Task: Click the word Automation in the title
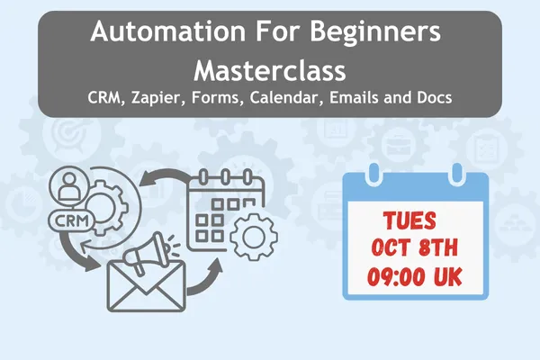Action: (167, 31)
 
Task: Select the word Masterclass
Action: (270, 70)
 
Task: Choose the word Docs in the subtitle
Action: (435, 97)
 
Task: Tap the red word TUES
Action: (409, 220)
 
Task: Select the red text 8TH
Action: (437, 247)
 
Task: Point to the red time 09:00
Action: (396, 276)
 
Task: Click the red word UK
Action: (447, 276)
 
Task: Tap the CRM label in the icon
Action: (71, 220)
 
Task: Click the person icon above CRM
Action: (69, 186)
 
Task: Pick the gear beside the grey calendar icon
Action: (254, 237)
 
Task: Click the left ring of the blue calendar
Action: (373, 175)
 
